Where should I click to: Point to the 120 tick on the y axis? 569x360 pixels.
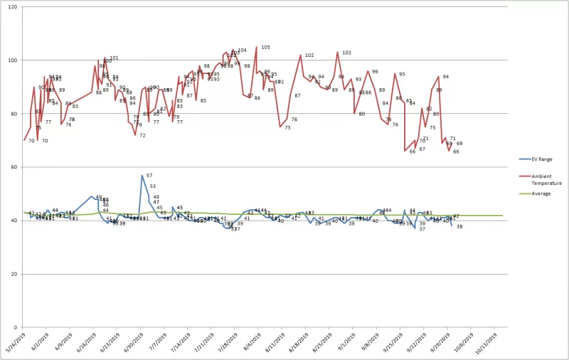pos(15,7)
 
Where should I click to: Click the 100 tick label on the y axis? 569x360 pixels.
pos(15,60)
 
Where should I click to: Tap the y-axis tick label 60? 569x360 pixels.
pos(16,167)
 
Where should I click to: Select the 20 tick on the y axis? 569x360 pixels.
pos(16,274)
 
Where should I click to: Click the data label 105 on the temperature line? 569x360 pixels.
pos(265,47)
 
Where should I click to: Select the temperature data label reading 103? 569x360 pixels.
pos(346,53)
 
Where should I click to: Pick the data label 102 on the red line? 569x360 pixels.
pos(309,55)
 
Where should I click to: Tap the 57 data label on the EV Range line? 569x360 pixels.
pos(149,175)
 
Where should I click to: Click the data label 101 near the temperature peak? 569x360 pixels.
pos(114,58)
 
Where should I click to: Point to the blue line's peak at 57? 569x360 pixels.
pos(142,175)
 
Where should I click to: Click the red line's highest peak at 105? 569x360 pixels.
pos(257,47)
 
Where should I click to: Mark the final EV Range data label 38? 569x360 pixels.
pos(459,226)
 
